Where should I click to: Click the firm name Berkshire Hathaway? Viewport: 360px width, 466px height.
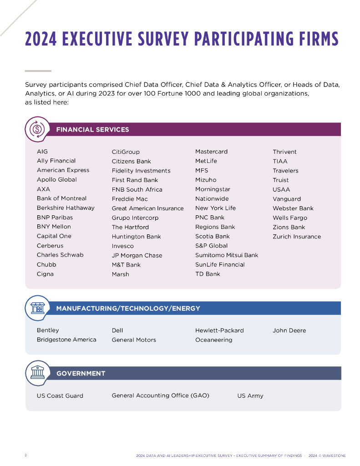point(66,208)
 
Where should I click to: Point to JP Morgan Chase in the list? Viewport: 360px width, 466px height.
point(137,255)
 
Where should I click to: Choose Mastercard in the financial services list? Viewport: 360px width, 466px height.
point(211,152)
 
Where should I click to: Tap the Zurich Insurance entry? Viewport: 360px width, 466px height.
point(297,237)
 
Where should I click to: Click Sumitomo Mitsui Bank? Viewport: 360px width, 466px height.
point(227,255)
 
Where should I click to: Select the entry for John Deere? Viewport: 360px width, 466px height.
point(289,330)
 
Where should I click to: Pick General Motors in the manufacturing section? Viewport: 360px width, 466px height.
point(134,340)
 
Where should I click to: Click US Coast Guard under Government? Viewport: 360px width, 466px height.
point(60,396)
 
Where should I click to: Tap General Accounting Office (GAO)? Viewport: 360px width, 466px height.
point(161,395)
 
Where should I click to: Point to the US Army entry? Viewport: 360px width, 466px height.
point(250,396)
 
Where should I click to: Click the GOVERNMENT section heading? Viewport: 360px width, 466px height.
point(81,374)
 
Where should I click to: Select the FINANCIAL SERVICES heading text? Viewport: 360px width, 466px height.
point(92,130)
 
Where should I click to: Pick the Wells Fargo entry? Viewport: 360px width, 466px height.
point(290,218)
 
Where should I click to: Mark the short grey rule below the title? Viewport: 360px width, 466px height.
point(38,71)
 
